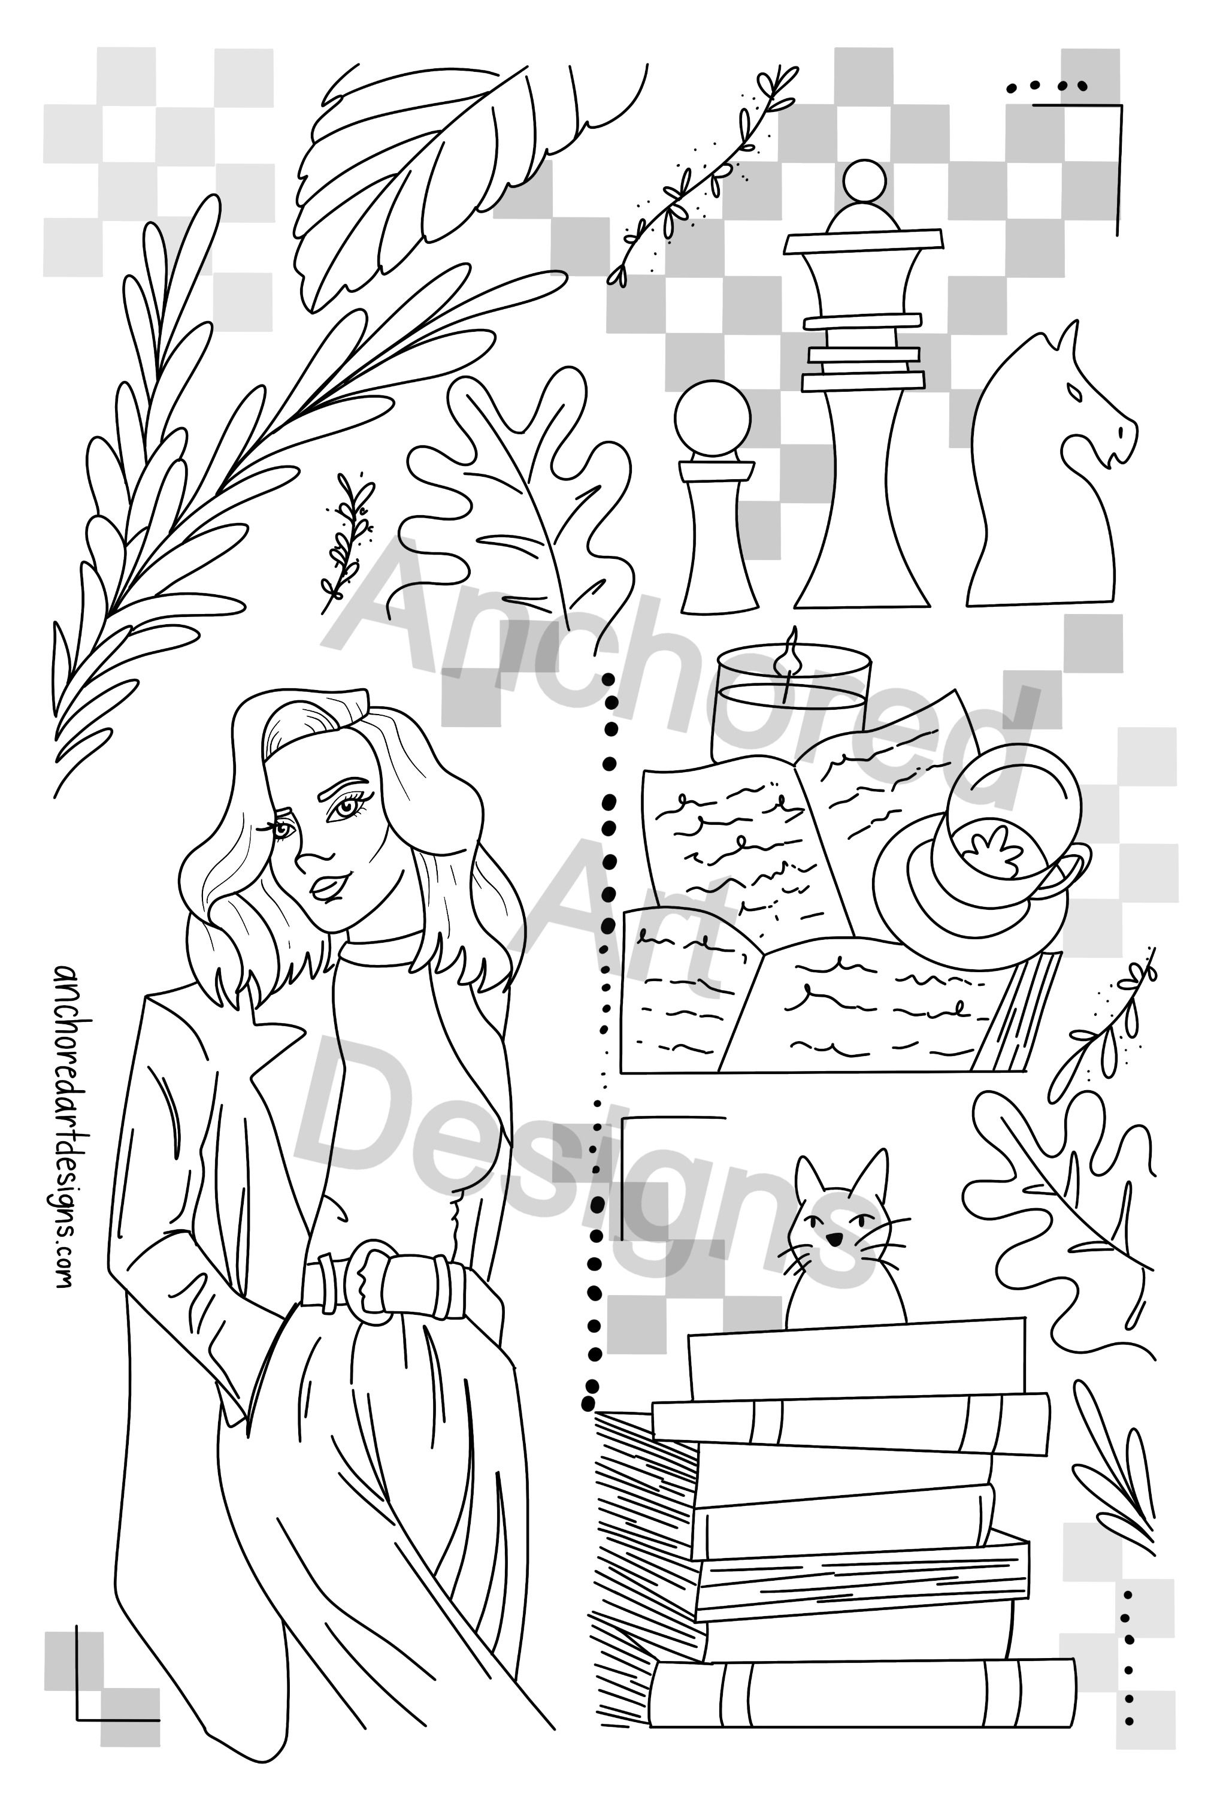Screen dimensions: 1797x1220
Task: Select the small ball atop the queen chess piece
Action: tap(861, 183)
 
